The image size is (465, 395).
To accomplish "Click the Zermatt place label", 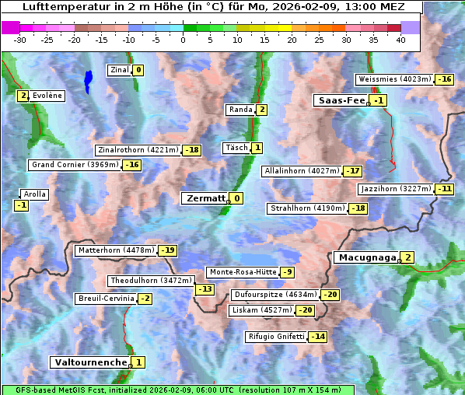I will pos(205,198).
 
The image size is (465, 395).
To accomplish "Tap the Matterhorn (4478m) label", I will pos(115,250).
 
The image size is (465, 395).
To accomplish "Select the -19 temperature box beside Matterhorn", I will pos(167,250).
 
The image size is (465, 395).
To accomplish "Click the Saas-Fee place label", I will pos(341,100).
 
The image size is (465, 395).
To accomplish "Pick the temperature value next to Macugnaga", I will pos(407,257).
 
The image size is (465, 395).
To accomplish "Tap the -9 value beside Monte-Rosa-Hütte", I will pos(288,272).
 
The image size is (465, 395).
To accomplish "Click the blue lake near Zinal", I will pos(88,79).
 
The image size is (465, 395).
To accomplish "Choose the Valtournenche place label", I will pos(89,362).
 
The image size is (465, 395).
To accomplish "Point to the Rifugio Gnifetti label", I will pos(275,337).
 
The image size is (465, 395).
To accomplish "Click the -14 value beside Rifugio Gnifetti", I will pos(318,337).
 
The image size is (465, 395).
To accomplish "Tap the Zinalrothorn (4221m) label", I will pos(138,150).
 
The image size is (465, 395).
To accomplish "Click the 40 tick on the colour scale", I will pos(400,40).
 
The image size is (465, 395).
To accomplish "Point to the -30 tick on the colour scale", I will pos(20,40).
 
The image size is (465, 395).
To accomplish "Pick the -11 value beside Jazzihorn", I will pos(444,189).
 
